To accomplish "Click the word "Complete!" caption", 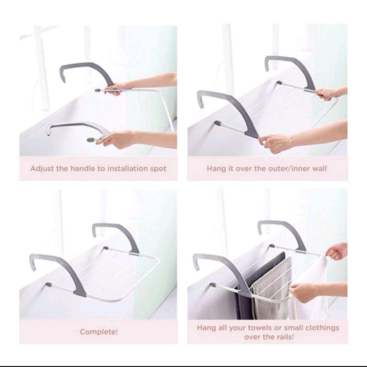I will click(x=99, y=332).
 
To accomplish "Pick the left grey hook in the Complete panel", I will click(x=58, y=268).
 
